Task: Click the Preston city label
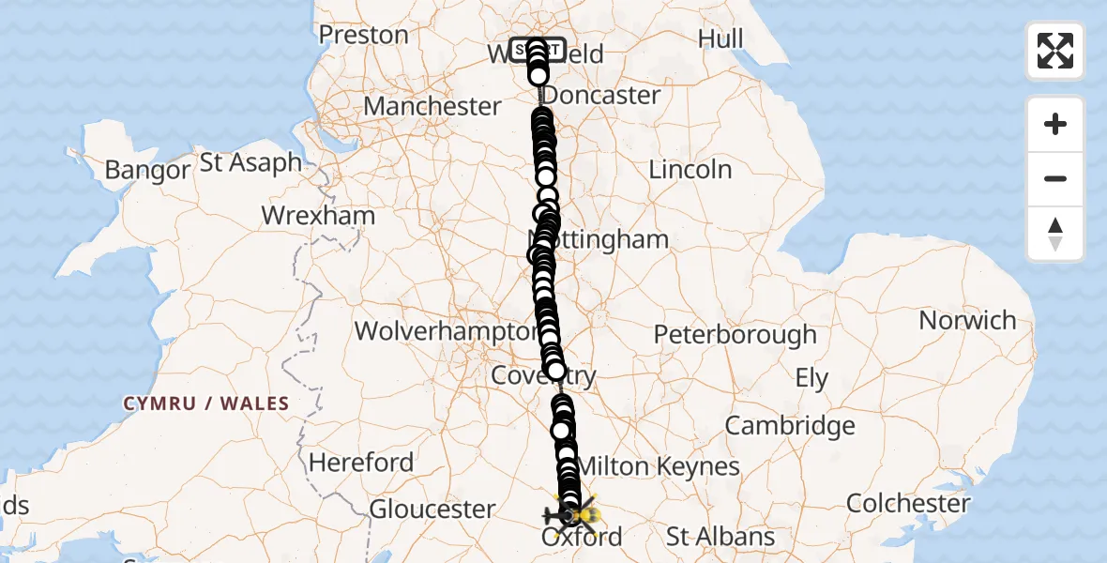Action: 363,36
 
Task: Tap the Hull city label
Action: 720,38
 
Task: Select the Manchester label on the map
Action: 432,106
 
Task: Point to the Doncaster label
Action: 602,95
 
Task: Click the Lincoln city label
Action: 690,170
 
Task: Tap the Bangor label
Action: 147,171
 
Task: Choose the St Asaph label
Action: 251,162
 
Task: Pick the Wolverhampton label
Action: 446,331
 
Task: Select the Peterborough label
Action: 735,335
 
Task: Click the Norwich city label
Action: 967,321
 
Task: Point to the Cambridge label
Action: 790,426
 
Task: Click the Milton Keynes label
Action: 658,466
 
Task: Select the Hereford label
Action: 361,463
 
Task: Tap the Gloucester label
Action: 432,510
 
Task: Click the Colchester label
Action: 908,503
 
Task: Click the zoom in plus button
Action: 1055,124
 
